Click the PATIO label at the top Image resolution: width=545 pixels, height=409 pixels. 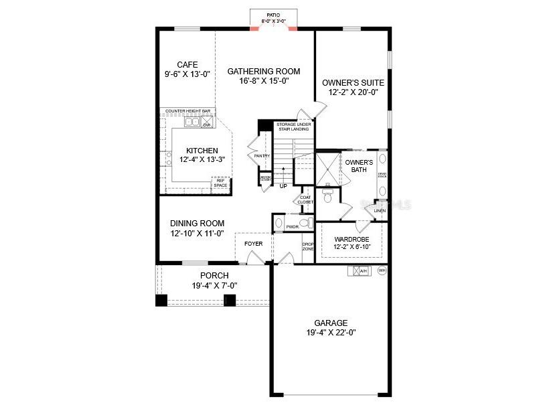click(272, 14)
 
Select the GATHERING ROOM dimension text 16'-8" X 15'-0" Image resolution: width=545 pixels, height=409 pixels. click(264, 81)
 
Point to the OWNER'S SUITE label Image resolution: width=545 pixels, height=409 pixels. click(352, 82)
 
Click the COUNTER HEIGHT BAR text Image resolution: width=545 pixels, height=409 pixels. click(188, 110)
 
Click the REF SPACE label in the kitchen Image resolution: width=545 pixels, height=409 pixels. click(220, 183)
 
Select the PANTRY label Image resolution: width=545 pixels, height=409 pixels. click(262, 156)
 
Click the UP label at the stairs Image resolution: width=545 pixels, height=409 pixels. click(283, 186)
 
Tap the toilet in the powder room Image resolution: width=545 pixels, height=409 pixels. click(305, 223)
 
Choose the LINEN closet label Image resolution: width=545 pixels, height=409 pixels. click(380, 211)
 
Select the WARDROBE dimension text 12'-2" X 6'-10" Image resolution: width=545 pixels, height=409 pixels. click(352, 246)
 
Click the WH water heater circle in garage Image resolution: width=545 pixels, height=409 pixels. click(382, 271)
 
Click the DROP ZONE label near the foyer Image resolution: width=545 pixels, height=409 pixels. click(308, 246)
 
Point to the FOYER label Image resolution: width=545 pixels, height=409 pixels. click(253, 243)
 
